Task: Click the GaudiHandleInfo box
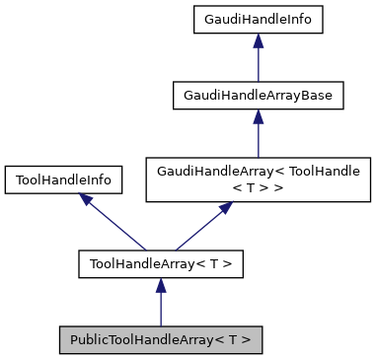(x=258, y=19)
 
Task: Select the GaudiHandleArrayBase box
(x=258, y=96)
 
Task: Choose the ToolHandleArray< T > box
(x=160, y=263)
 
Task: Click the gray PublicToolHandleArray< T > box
(x=160, y=340)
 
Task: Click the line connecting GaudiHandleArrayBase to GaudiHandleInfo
(x=258, y=64)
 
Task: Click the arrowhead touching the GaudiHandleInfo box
(x=258, y=40)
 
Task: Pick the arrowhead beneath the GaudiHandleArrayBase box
(x=258, y=117)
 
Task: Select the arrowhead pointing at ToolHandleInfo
(x=87, y=200)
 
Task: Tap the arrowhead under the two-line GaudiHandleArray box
(x=226, y=209)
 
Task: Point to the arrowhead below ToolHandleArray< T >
(x=160, y=285)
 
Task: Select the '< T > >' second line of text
(x=258, y=187)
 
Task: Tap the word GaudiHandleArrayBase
(x=258, y=96)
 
